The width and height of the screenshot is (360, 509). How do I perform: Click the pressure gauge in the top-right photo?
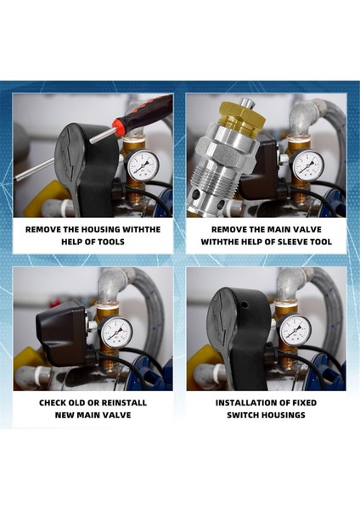[306, 165]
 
